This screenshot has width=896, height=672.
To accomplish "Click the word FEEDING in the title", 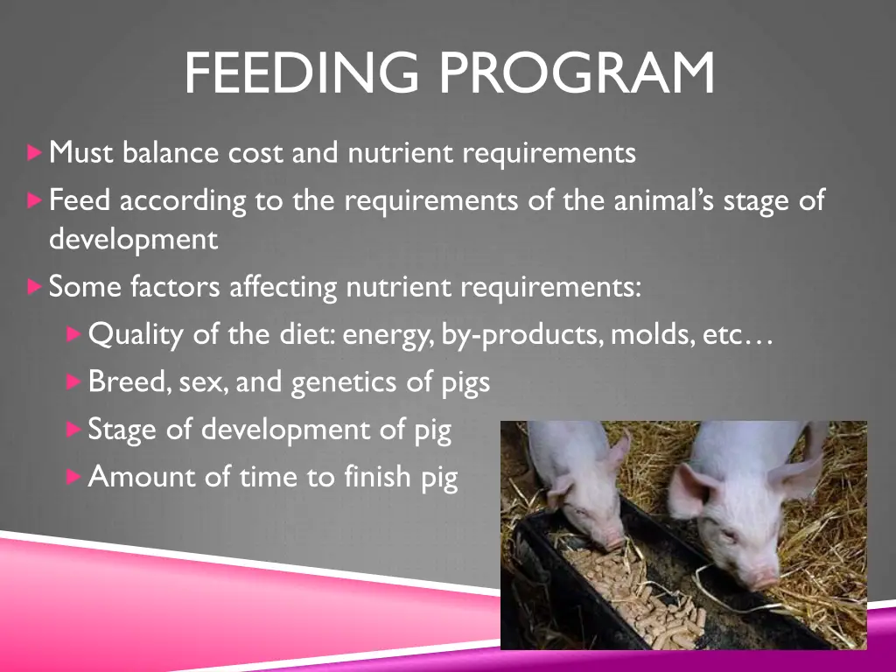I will [x=301, y=73].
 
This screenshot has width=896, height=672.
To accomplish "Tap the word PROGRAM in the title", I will [x=576, y=73].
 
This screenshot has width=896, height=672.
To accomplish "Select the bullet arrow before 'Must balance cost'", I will [x=34, y=153].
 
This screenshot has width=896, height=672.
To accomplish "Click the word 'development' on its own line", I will [x=133, y=239].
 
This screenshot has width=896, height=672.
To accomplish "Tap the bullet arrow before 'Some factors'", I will [x=34, y=286].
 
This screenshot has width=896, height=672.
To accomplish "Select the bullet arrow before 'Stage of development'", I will [x=73, y=430].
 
